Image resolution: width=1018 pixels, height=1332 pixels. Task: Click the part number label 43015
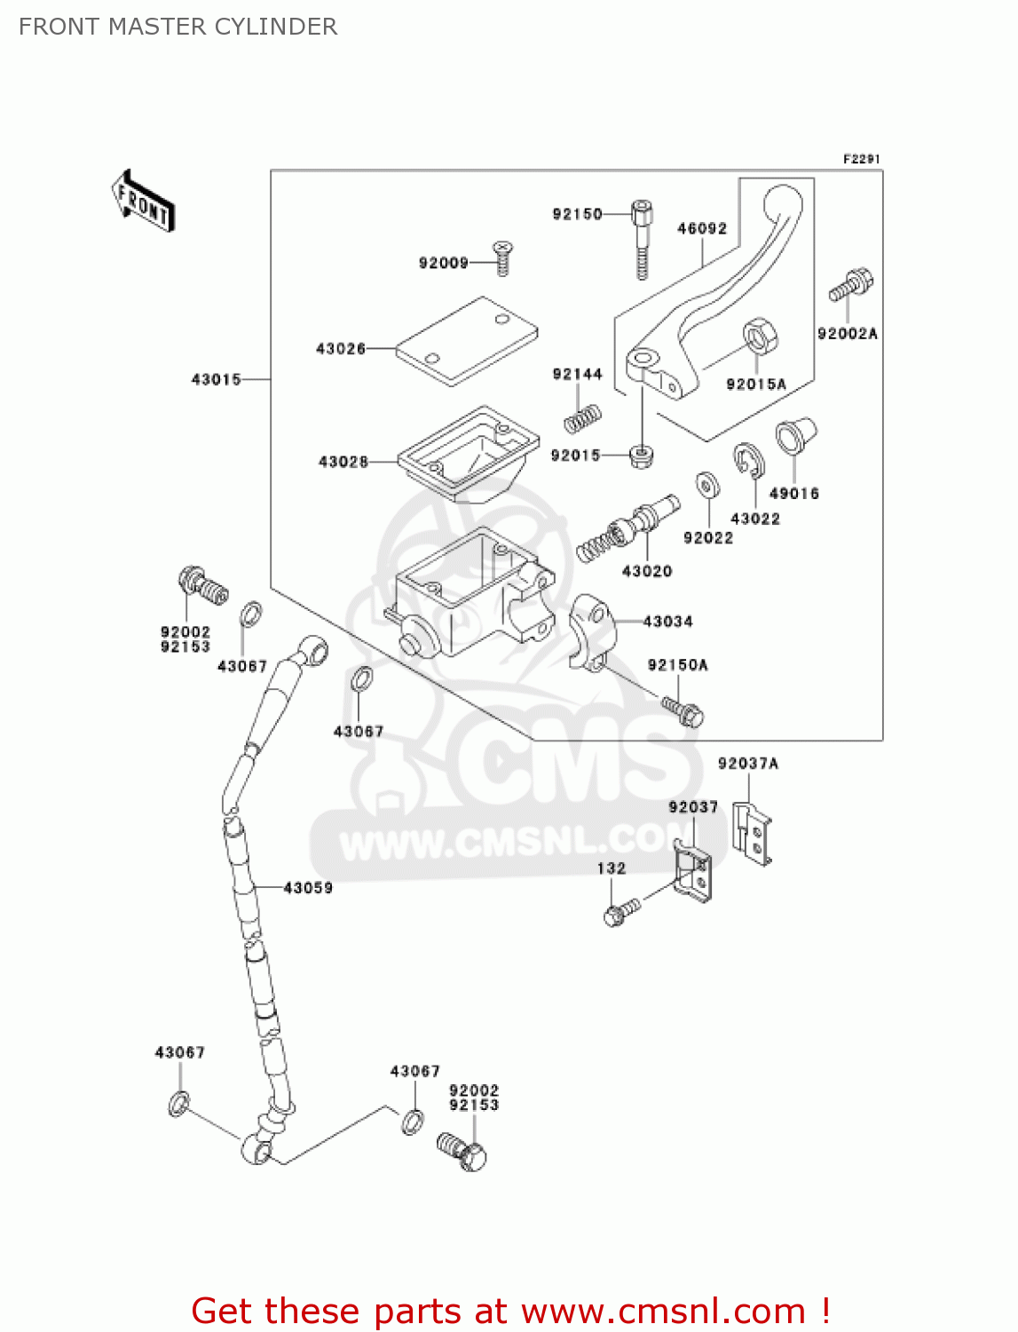point(216,379)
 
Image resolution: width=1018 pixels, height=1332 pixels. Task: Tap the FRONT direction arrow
point(143,202)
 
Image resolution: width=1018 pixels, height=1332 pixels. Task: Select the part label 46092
point(702,228)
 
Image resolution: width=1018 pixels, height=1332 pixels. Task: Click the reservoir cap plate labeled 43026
point(467,341)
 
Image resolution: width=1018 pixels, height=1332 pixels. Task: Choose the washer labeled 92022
point(707,486)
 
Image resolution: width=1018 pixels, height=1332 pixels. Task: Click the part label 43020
point(647,571)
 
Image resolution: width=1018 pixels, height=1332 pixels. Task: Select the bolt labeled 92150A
point(683,710)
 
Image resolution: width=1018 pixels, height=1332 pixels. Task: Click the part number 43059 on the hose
point(308,887)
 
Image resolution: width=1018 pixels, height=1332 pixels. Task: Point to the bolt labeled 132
point(620,911)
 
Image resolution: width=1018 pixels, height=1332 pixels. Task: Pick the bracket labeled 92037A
point(752,834)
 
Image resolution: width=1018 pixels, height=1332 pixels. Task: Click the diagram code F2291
point(861,159)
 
